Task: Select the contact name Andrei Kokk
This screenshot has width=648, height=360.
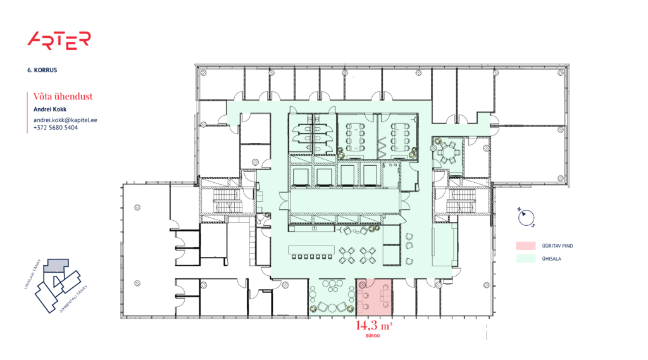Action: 49,109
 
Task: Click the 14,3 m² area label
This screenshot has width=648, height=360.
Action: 375,326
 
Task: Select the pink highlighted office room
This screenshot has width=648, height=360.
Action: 375,297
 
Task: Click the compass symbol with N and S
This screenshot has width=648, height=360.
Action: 525,218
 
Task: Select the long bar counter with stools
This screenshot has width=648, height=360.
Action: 311,251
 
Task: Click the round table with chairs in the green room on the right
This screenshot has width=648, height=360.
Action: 449,152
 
